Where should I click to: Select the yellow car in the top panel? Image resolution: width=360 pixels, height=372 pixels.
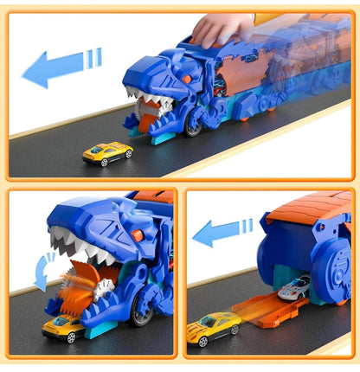[x=107, y=153]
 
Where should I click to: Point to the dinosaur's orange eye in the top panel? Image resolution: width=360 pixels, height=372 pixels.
[x=184, y=79]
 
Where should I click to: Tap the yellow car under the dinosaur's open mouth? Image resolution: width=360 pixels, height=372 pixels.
[x=64, y=327]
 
